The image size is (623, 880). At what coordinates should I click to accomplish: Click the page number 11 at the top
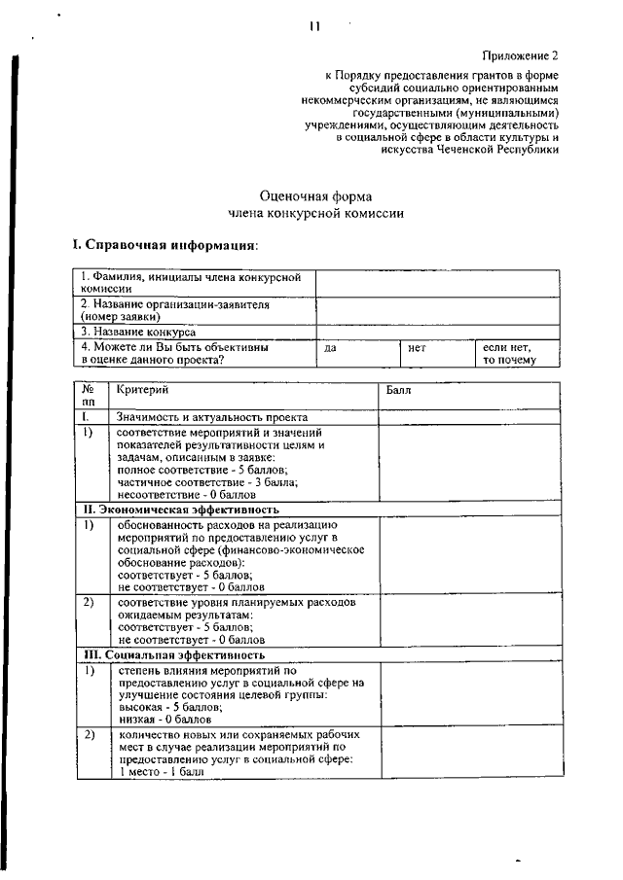[313, 27]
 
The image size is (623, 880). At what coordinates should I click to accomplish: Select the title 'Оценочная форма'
[315, 195]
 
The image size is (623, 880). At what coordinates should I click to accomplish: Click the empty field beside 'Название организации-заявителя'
[437, 310]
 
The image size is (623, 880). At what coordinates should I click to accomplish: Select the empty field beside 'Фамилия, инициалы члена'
[437, 283]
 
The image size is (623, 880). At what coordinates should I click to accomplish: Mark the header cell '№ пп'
[90, 395]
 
